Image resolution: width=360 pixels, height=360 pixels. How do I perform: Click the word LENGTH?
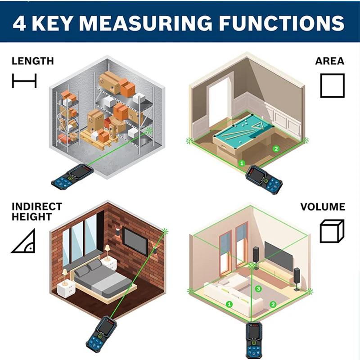coord(32,61)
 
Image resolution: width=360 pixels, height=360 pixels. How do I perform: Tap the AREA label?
coord(330,61)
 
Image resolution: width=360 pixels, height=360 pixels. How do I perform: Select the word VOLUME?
coord(323,207)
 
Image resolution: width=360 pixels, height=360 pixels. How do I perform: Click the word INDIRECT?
coord(37,207)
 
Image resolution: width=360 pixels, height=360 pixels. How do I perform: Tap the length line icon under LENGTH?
coord(24,81)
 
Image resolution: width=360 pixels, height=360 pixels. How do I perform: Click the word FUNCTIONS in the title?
coord(282,23)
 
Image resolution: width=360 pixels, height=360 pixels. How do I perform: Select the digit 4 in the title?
coord(19,23)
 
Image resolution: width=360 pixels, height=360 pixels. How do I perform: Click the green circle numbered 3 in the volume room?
coord(258,288)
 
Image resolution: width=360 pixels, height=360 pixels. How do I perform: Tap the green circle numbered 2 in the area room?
coord(276,149)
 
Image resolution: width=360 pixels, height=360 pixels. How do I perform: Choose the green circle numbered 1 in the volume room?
coord(229,305)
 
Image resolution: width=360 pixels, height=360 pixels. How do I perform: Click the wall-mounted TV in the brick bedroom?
coord(135,241)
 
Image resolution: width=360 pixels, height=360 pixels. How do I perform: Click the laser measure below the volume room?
coord(254,340)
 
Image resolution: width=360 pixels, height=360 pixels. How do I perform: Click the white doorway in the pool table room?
coord(219,103)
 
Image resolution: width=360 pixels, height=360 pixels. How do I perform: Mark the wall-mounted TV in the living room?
coord(278,256)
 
